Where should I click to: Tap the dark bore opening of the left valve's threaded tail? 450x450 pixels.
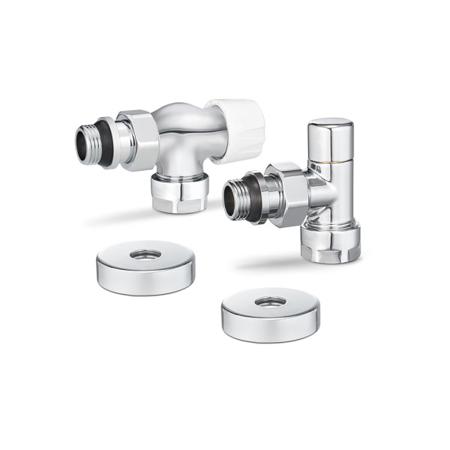click(82, 144)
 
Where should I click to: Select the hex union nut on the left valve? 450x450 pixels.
click(139, 139)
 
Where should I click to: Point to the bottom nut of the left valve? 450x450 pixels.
click(179, 193)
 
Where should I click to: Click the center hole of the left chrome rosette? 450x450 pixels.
click(145, 254)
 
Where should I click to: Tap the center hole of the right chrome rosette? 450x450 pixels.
click(270, 301)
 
